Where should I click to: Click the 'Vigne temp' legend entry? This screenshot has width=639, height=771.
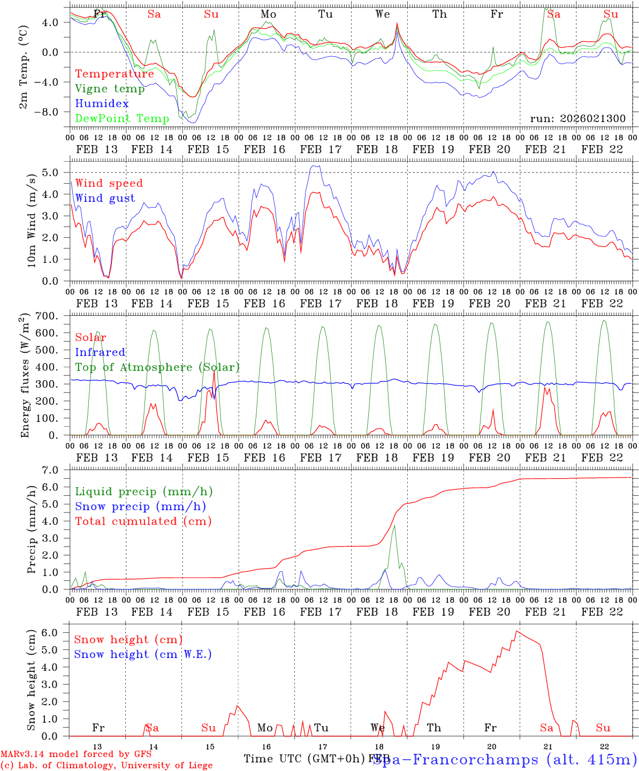point(110,89)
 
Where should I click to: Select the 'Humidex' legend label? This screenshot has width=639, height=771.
point(102,104)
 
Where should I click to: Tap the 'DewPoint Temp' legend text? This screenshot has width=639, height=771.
point(122,119)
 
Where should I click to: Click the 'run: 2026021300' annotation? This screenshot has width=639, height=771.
point(577,119)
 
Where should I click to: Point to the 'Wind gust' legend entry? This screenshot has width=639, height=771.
point(105,199)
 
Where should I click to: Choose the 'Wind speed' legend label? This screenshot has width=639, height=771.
point(109,184)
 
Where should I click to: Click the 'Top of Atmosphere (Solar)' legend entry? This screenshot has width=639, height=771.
point(157,367)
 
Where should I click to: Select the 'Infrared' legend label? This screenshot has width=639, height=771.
point(100,352)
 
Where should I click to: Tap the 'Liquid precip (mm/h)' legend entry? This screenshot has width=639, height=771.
point(144,492)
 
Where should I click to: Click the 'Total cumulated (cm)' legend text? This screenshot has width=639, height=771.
point(143,521)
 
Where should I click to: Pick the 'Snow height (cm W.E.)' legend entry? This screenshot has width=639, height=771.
point(143,654)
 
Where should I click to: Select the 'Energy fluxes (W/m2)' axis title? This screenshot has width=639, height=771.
point(24,377)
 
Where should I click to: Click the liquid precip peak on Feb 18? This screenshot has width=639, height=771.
point(394,526)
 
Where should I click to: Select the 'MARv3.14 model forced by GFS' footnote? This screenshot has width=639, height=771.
point(76,754)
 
